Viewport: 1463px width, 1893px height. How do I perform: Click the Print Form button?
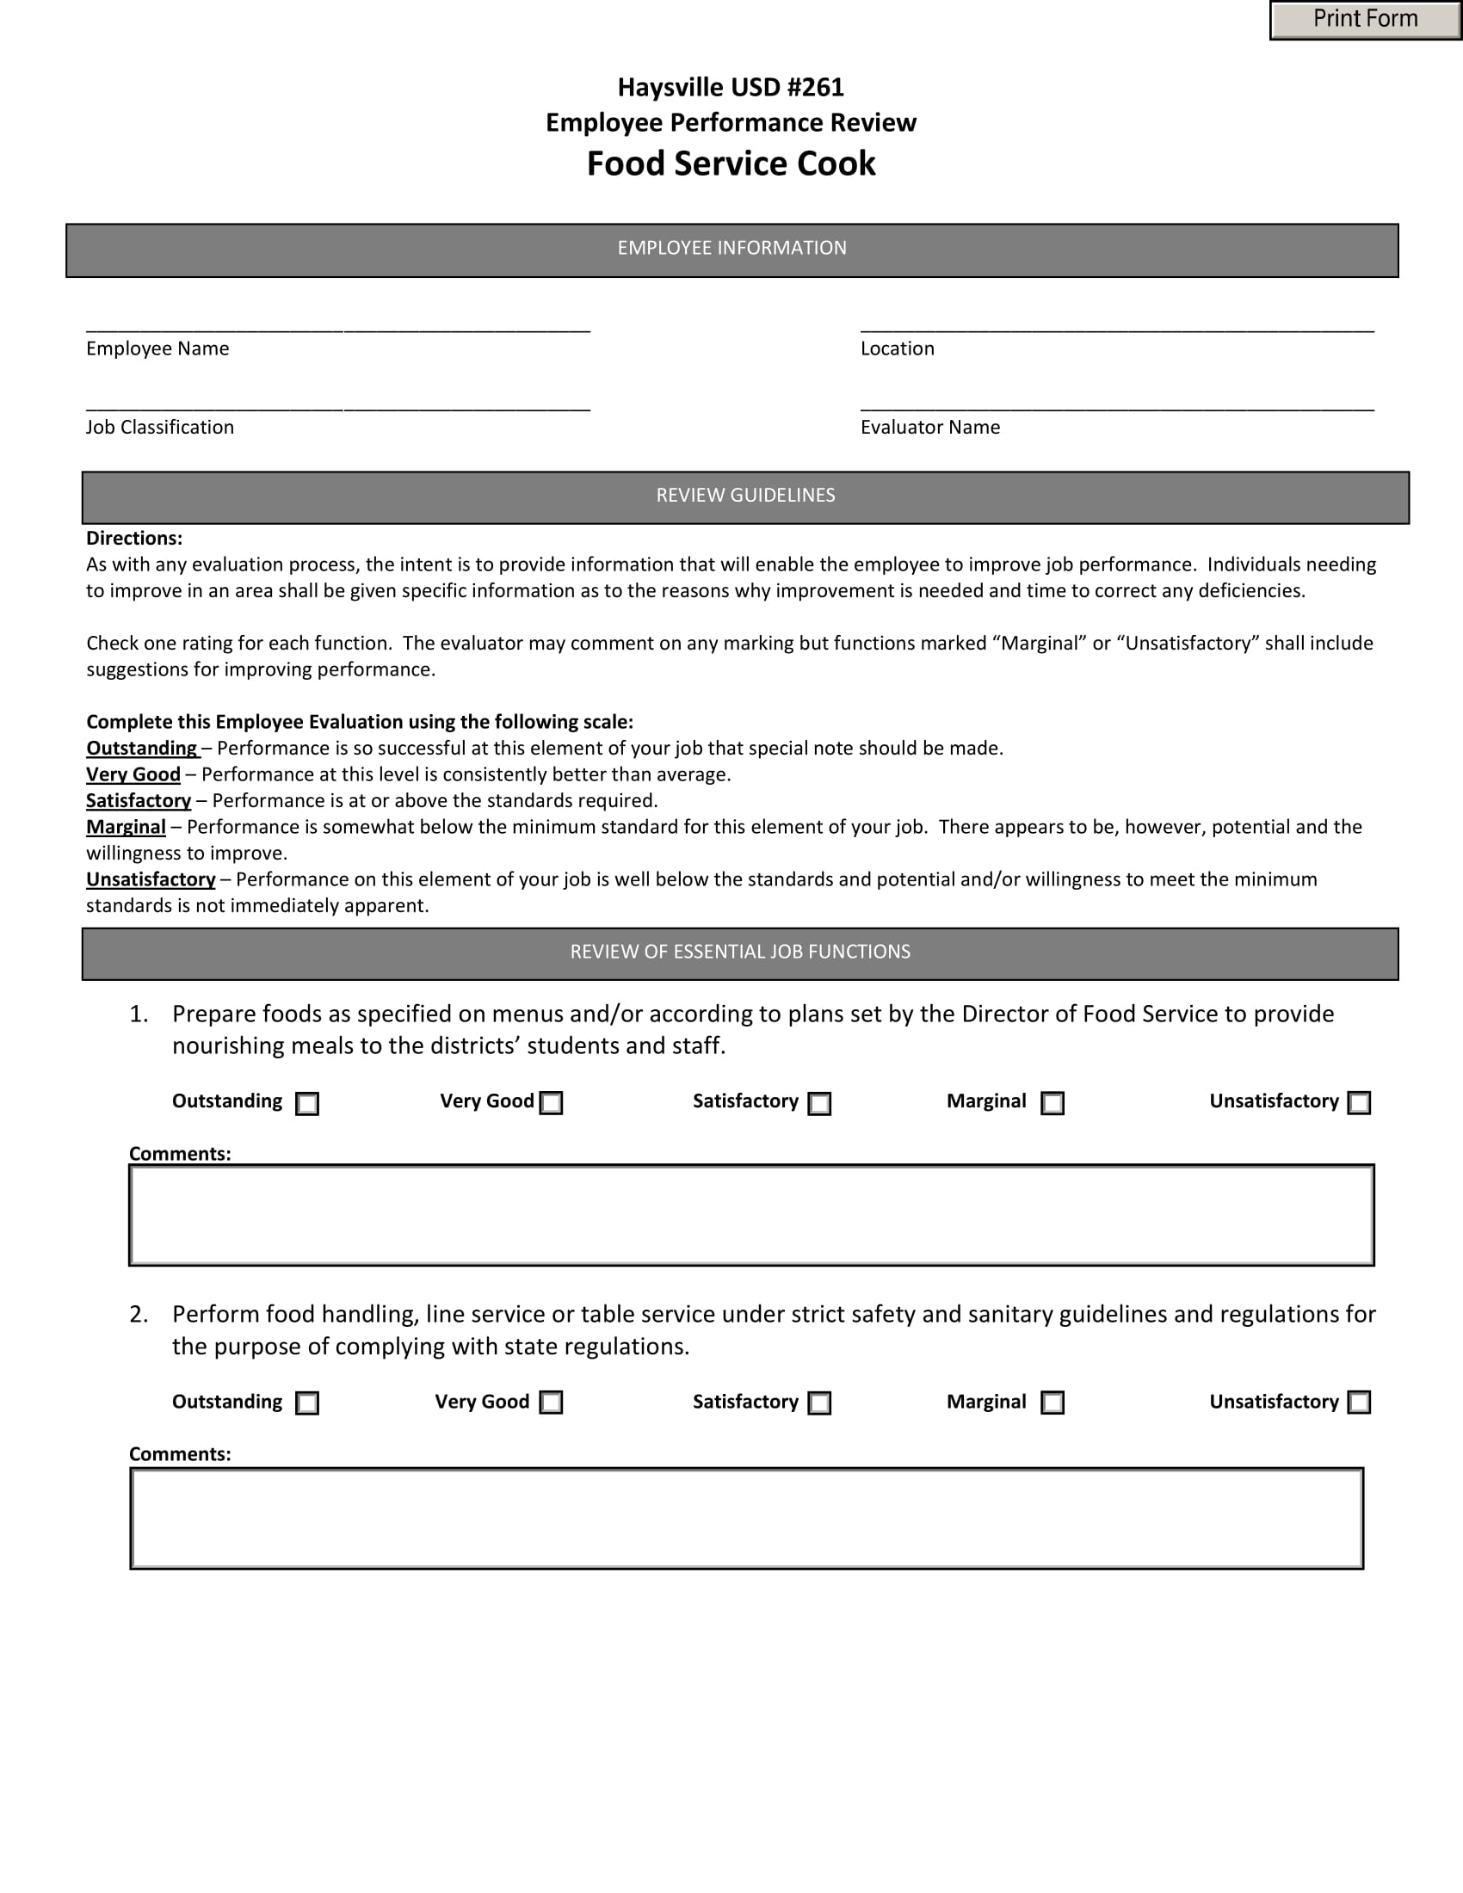click(1365, 19)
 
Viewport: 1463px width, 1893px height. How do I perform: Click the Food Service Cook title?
click(731, 163)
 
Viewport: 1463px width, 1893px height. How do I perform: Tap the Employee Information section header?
click(731, 250)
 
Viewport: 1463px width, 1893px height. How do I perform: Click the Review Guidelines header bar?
click(744, 496)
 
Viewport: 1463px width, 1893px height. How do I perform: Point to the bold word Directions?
click(134, 539)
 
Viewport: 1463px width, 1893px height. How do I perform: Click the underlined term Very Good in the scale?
click(133, 774)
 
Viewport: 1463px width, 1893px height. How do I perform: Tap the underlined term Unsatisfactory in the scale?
click(151, 879)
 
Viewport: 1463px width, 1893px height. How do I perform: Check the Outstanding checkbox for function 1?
click(307, 1103)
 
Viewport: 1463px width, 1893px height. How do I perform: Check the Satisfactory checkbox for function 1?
click(819, 1103)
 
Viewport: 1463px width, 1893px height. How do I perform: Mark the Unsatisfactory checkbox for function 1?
click(1359, 1102)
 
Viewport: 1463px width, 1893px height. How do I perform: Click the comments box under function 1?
click(750, 1214)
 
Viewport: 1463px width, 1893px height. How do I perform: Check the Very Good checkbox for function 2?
click(552, 1403)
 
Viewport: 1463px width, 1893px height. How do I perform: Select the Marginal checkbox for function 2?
click(1052, 1403)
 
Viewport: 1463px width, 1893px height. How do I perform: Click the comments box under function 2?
click(746, 1518)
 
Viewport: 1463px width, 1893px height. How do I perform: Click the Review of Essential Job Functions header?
click(739, 953)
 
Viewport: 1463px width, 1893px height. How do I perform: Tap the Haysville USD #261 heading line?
click(731, 87)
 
